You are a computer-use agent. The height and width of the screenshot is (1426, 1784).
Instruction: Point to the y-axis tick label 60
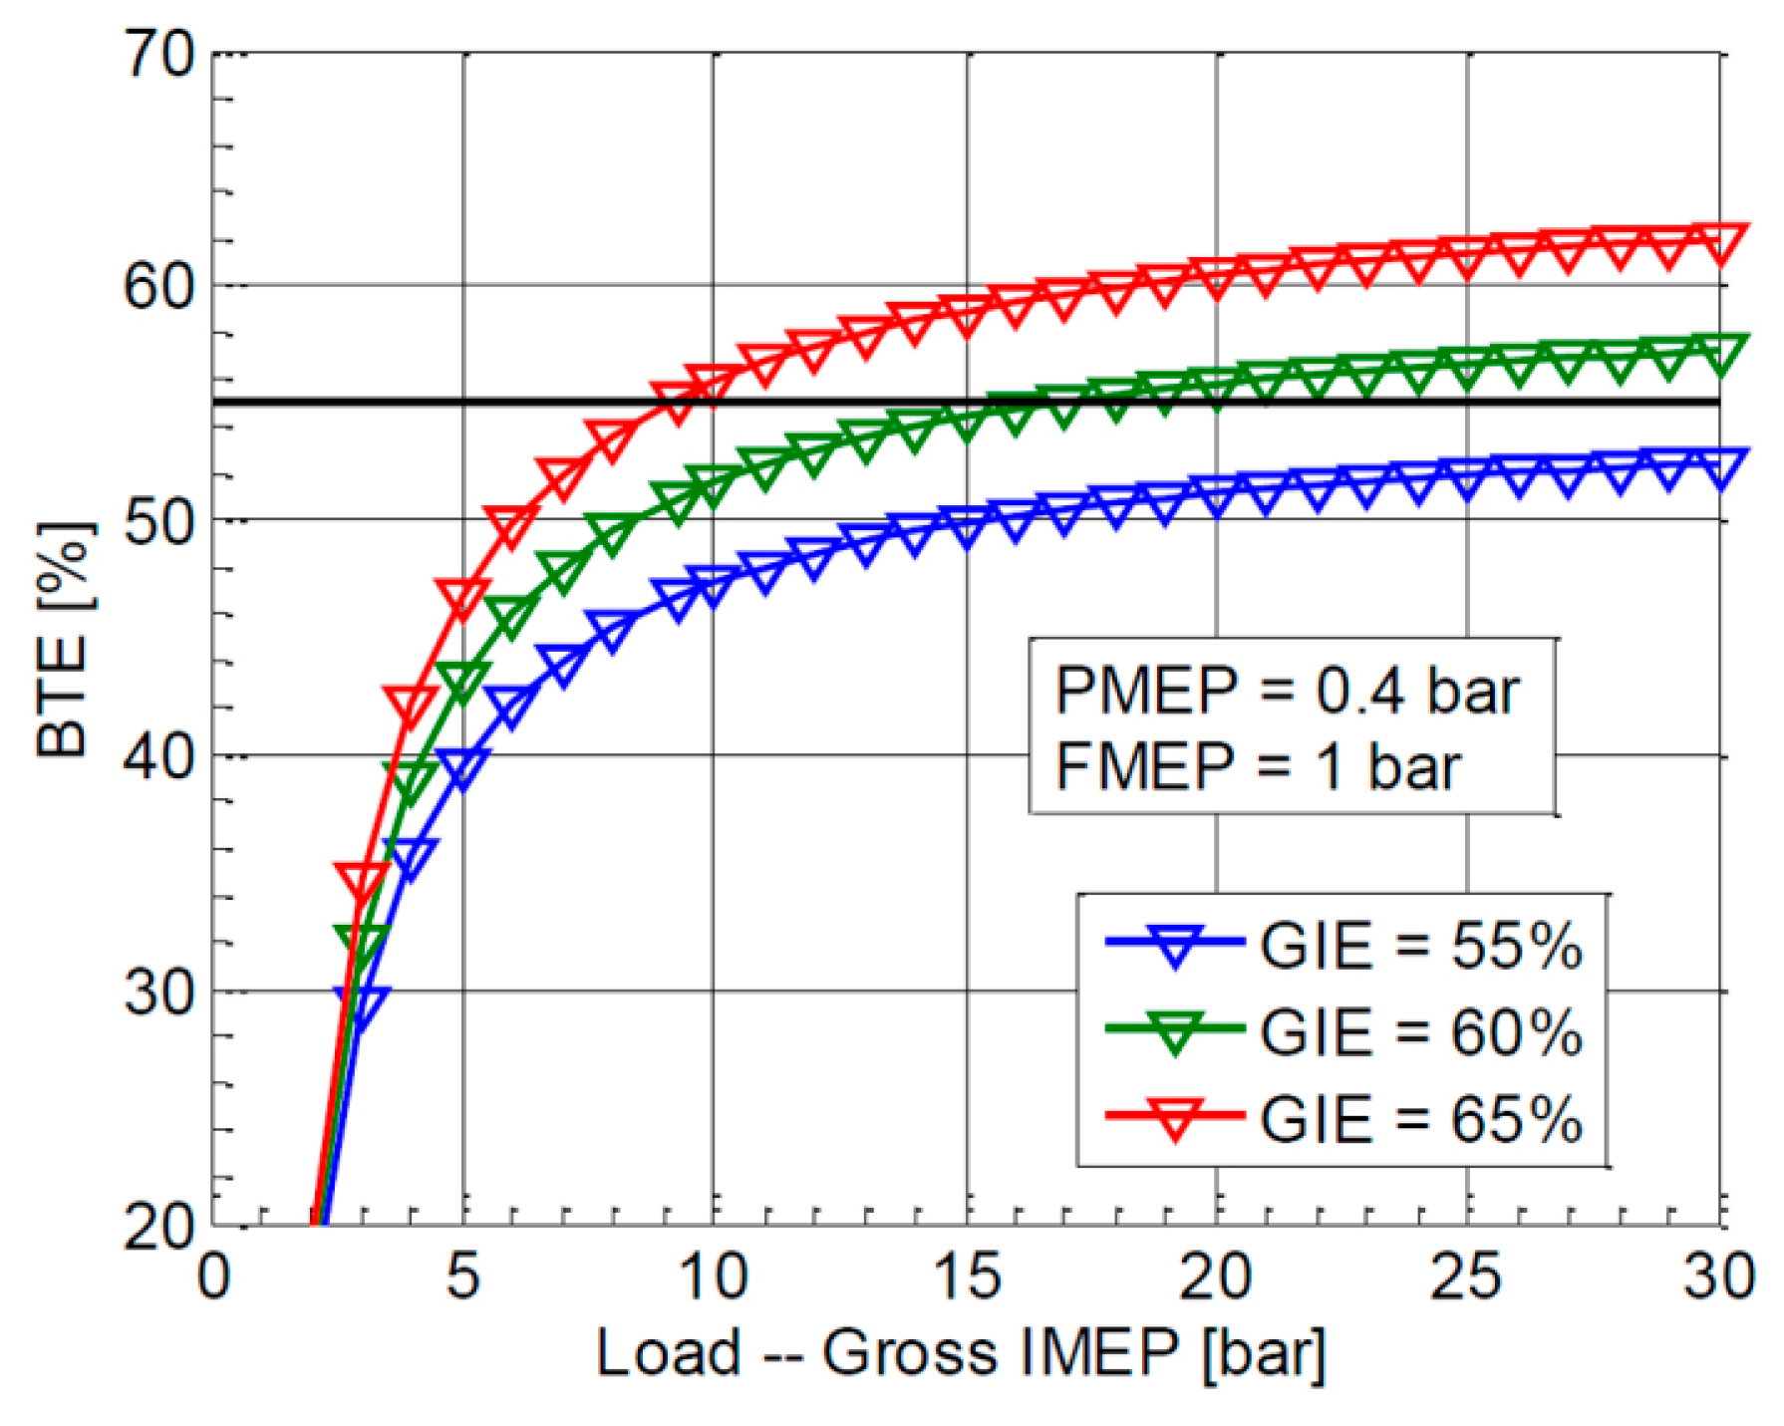tap(158, 286)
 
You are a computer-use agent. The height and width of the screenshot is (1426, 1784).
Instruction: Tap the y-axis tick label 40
tap(158, 756)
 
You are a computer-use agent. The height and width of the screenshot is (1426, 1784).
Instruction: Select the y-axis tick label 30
tap(158, 992)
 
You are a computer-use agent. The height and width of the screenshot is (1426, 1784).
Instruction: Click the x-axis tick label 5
tap(462, 1277)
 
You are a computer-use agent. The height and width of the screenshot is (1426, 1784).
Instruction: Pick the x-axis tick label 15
tap(966, 1277)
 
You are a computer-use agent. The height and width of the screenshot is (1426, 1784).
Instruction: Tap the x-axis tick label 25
tap(1466, 1277)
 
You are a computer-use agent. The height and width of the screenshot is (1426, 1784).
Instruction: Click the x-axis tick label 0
tap(213, 1277)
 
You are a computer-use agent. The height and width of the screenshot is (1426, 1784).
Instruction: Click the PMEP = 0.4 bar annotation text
tap(1287, 690)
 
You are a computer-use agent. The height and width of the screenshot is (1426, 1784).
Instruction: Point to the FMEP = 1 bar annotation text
tap(1258, 767)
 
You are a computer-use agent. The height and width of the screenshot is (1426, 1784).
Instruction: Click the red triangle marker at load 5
tap(461, 596)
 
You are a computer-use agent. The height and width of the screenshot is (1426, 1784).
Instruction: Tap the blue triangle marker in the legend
tap(1175, 945)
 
